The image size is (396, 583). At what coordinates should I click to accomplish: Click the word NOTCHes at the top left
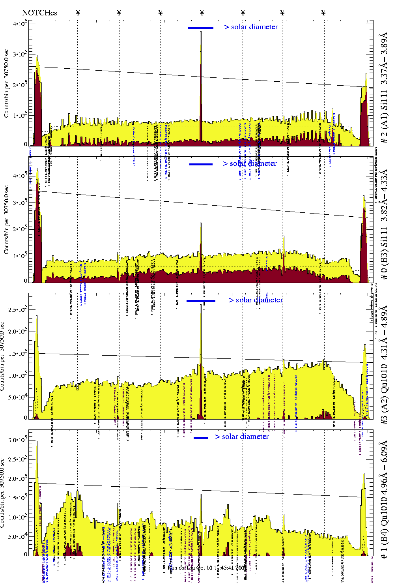pos(39,13)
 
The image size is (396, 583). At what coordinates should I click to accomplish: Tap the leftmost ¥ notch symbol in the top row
pos(78,13)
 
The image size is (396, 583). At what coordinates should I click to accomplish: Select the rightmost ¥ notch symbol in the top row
pos(323,13)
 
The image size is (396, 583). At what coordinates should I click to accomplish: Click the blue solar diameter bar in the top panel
pos(201,28)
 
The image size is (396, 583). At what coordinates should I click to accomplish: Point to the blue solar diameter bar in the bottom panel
pos(201,438)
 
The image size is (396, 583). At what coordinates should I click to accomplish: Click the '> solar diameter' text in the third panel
pos(256,300)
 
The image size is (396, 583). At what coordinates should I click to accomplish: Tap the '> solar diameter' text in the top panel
pos(251,27)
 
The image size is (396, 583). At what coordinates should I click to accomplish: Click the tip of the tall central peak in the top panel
pos(201,31)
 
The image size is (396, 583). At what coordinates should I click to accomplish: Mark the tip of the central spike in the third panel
pos(201,304)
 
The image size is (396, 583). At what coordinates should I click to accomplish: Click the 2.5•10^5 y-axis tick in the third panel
pos(17,309)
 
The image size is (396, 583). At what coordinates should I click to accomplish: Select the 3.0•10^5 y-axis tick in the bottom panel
pos(17,440)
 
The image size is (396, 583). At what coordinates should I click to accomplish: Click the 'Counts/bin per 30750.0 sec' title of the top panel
pos(7,83)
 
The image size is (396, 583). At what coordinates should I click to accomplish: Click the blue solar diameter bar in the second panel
pos(201,164)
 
